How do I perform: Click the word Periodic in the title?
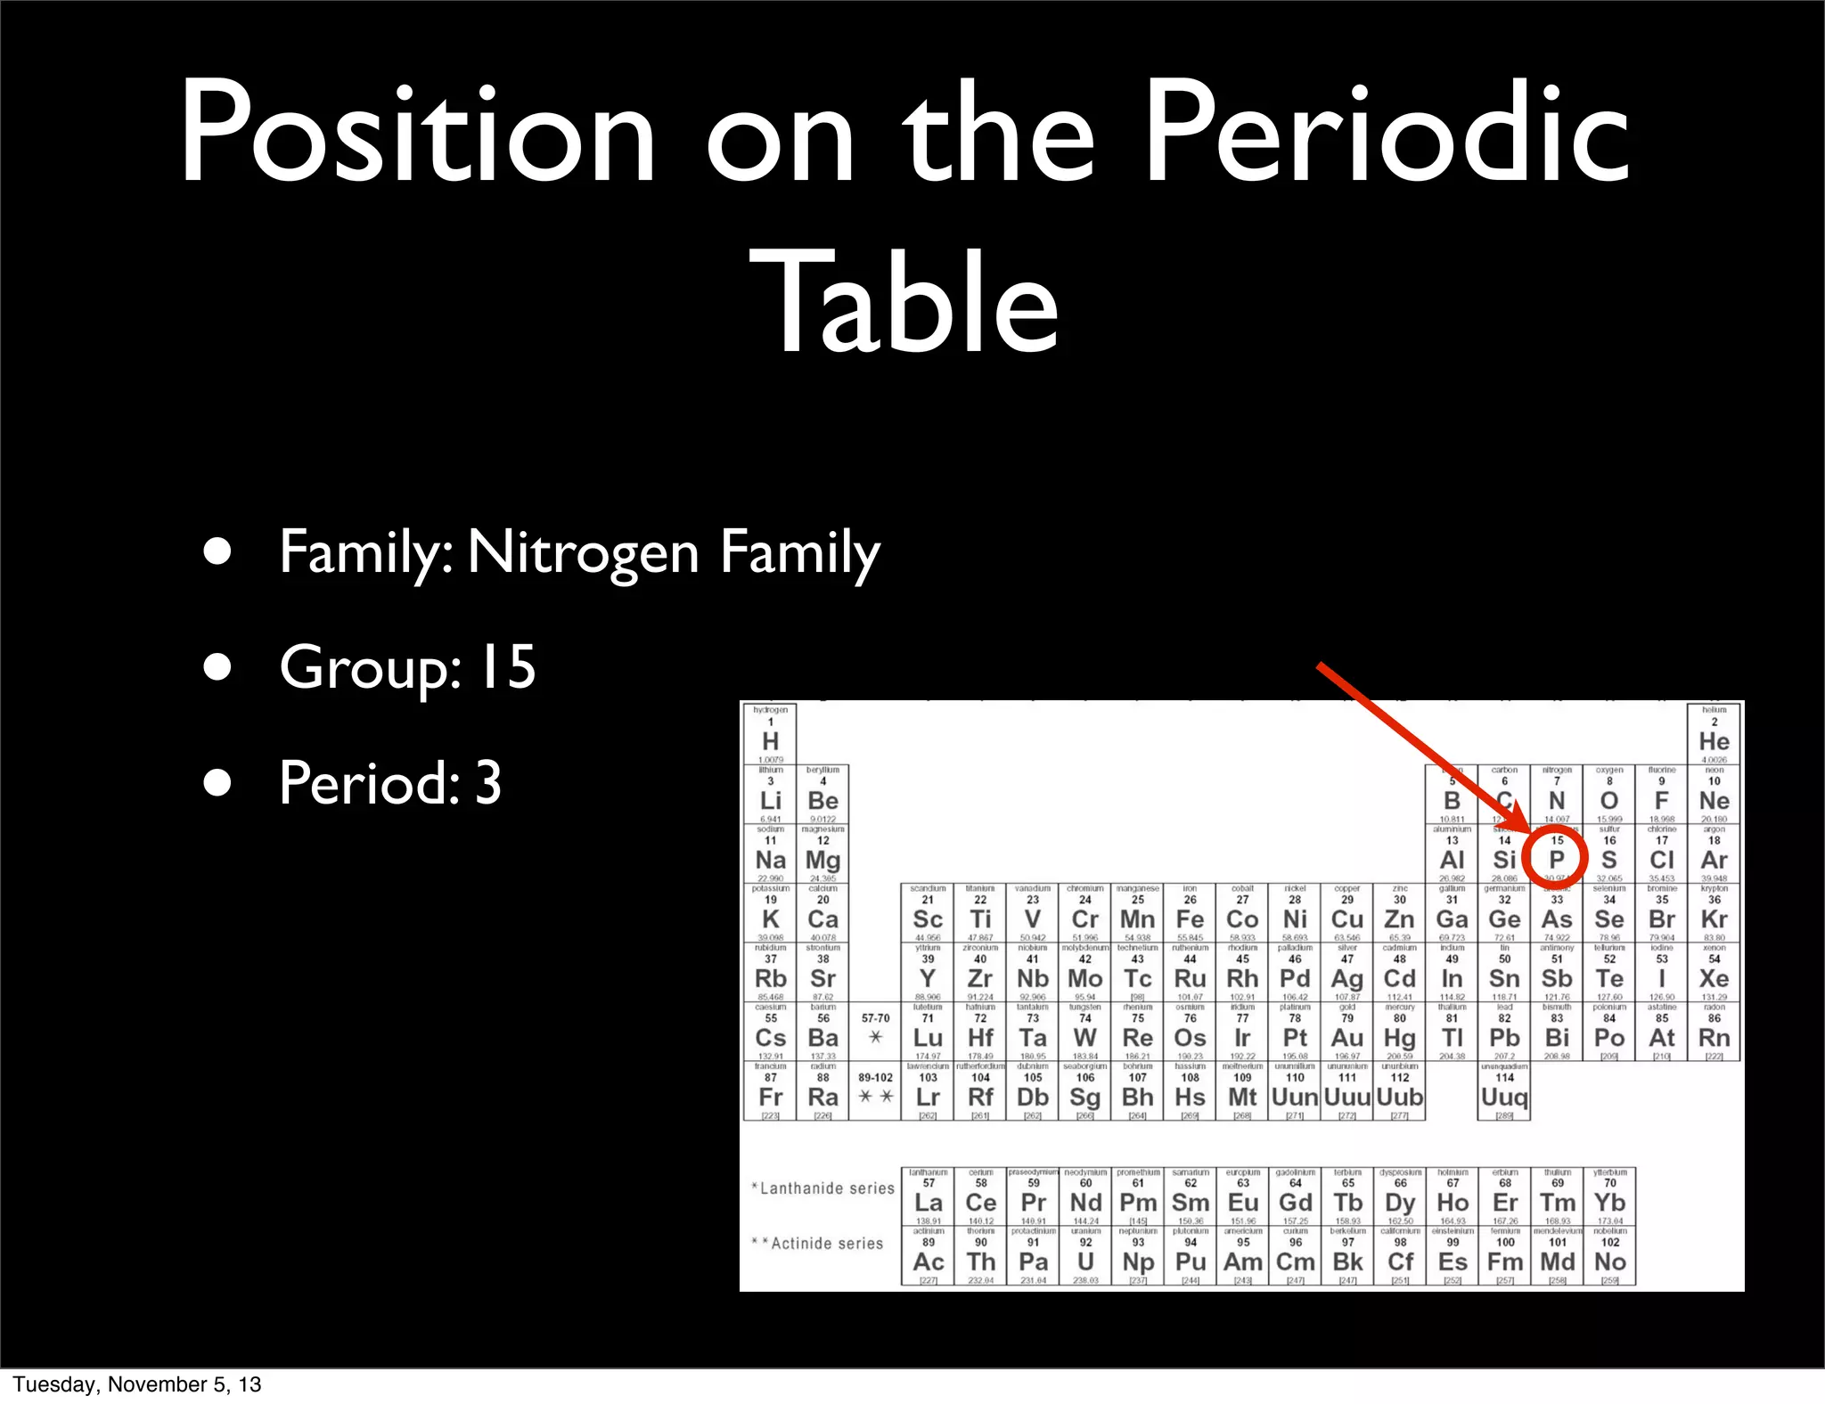pos(1387,134)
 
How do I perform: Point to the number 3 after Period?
pos(488,782)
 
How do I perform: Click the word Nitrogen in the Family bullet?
pos(584,552)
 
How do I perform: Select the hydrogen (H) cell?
pos(771,735)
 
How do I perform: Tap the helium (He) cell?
pos(1714,735)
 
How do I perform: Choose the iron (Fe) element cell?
pos(1190,913)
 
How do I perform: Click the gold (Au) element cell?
pos(1347,1032)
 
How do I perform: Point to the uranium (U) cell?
pos(1085,1255)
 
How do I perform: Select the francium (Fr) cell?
pos(771,1091)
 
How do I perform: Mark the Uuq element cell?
pos(1504,1091)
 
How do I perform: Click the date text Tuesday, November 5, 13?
pos(137,1384)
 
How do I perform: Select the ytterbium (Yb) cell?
pos(1609,1196)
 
